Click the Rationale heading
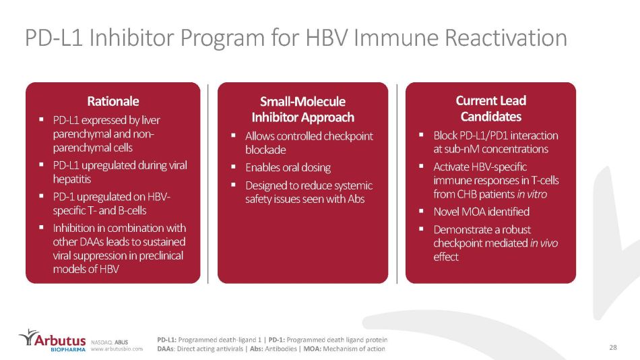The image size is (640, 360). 113,101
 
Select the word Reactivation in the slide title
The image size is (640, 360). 506,38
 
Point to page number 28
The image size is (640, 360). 613,347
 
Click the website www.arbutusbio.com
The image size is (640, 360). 117,349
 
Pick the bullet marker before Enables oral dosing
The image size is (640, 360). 233,167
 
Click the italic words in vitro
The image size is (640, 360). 532,194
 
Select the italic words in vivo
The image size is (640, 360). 544,243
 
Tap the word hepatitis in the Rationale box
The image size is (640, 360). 72,179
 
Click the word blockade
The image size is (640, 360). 265,150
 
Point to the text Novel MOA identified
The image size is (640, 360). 481,212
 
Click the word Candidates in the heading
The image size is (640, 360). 491,117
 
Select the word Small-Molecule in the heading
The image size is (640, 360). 303,101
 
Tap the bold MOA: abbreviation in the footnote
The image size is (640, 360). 312,349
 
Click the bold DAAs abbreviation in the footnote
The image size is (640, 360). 165,349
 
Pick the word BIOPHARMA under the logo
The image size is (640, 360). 68,350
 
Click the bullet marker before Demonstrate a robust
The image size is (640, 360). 421,229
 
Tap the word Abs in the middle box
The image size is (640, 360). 356,199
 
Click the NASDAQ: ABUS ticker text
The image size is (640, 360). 109,342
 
